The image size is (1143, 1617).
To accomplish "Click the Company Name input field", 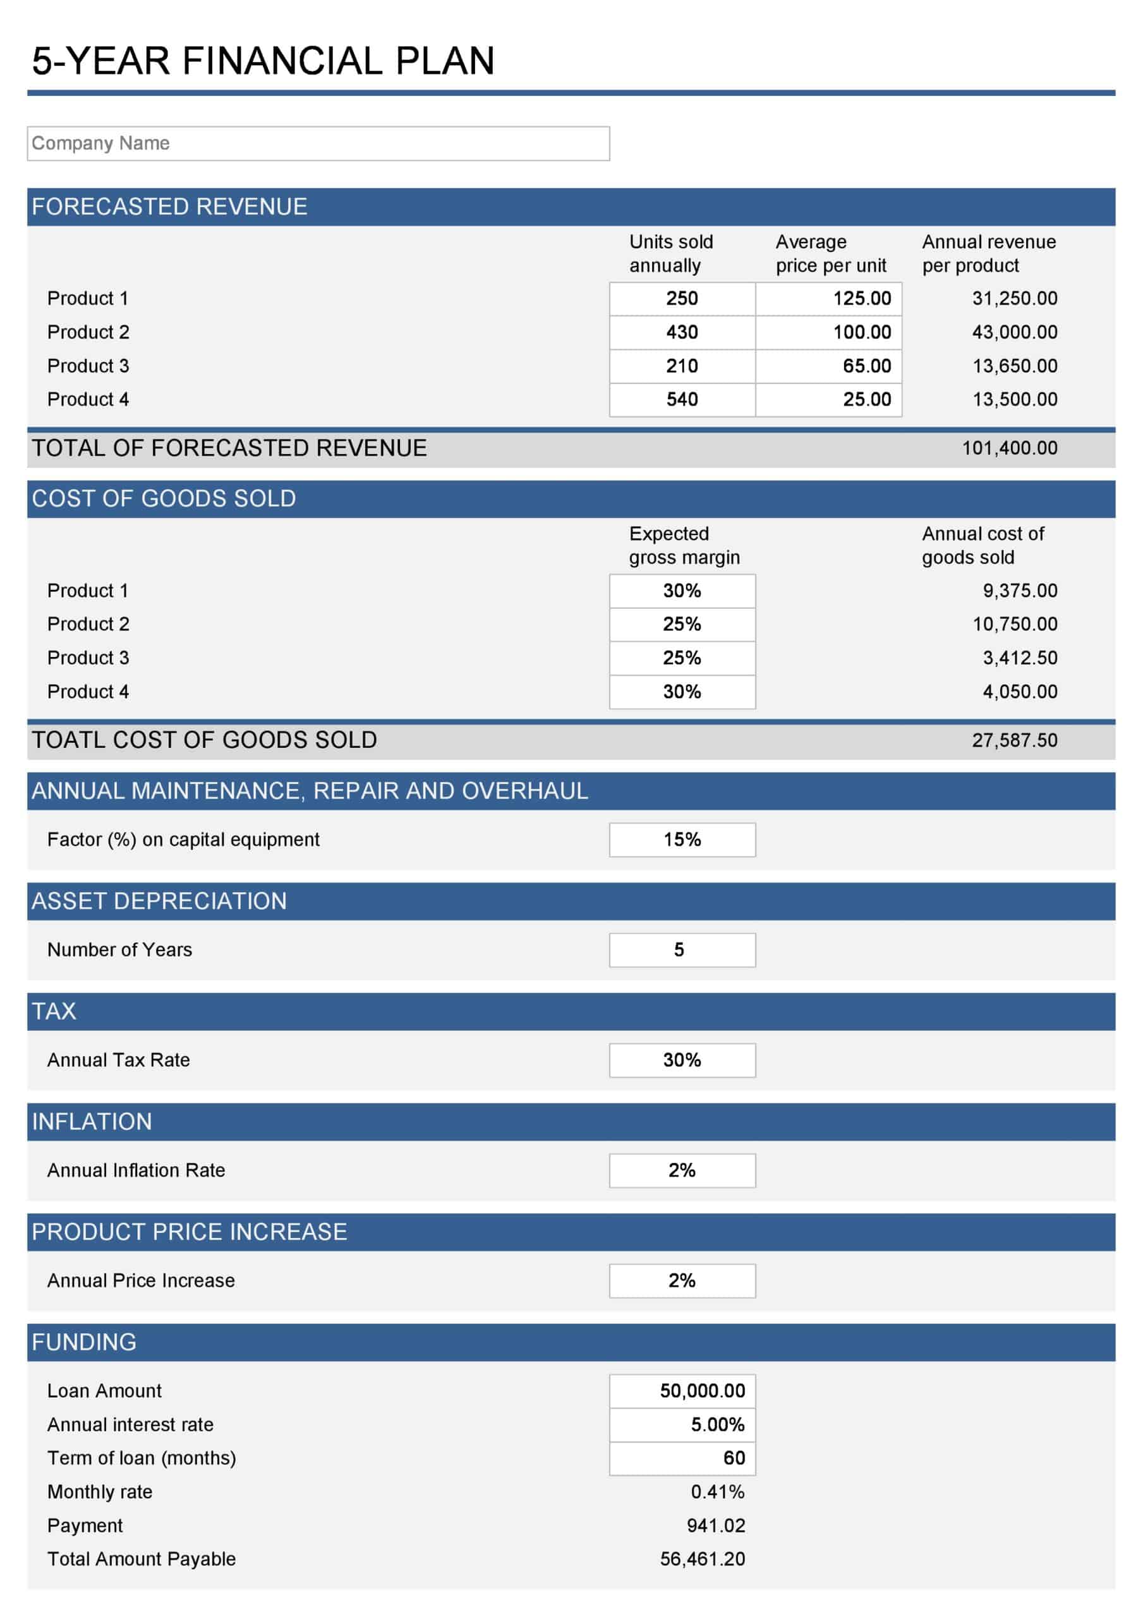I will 318,143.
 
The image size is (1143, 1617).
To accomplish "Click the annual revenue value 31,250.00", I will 1014,299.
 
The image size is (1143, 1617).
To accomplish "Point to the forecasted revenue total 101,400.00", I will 1009,448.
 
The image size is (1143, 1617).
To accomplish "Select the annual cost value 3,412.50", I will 1020,658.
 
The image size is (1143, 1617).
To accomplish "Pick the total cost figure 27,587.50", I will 1014,740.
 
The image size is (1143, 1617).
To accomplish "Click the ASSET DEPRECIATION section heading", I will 159,901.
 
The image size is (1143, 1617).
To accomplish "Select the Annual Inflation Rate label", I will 136,1170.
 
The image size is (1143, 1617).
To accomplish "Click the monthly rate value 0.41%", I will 717,1492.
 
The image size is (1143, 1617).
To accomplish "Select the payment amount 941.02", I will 715,1525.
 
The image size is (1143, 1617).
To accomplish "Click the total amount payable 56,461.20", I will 702,1560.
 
